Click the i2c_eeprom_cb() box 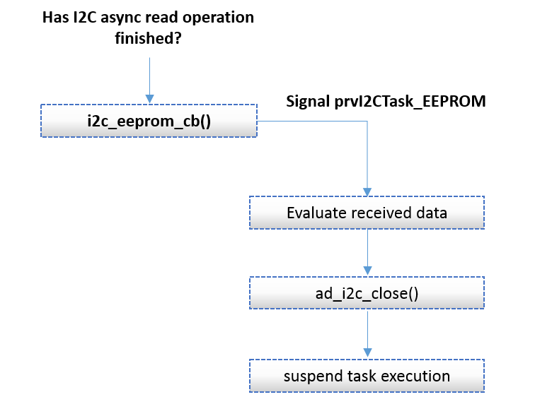[x=149, y=121]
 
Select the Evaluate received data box [x=367, y=213]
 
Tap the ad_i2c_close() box [x=367, y=293]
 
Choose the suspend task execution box [x=367, y=376]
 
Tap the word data [x=432, y=213]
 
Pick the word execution [x=415, y=376]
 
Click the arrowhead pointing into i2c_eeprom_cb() [x=149, y=100]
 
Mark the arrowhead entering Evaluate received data [x=367, y=191]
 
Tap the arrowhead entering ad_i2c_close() [x=367, y=272]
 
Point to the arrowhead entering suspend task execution [x=367, y=353]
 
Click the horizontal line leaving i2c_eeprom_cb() [x=311, y=121]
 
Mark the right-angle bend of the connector [x=367, y=121]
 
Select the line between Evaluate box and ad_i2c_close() [x=367, y=247]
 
